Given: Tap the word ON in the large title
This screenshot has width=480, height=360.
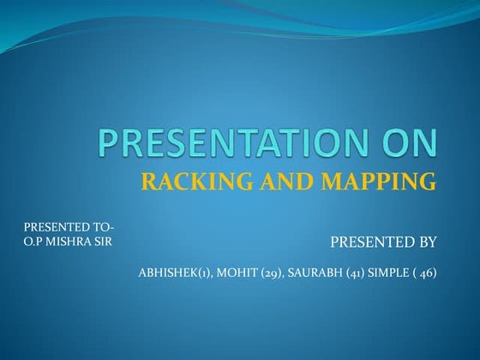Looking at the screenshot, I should tap(410, 144).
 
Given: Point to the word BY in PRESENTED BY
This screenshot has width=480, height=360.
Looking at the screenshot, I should tap(427, 243).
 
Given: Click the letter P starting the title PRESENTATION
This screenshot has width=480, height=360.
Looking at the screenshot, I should tap(107, 144).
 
